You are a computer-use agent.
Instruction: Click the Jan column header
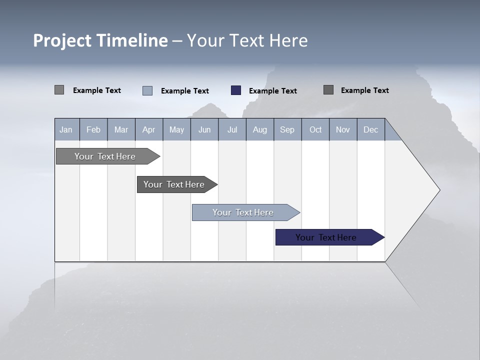coord(66,129)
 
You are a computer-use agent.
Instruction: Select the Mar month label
coord(121,129)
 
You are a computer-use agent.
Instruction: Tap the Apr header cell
coord(148,129)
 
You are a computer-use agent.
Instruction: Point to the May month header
coord(176,129)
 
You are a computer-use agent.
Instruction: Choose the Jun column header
coord(204,129)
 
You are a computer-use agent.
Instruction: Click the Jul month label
coord(232,129)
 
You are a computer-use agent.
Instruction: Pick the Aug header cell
coord(259,129)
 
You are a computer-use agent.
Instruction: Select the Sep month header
coord(287,129)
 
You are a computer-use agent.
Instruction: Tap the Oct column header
coord(315,129)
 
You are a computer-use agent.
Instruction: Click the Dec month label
coord(370,129)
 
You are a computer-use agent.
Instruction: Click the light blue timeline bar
coord(243,212)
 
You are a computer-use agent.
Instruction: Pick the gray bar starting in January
coord(105,156)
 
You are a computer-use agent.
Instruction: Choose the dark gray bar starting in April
coord(174,184)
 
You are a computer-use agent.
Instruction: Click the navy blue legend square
coord(236,90)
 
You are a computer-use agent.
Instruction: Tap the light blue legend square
coord(147,90)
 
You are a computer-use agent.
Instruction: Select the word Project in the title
coord(62,40)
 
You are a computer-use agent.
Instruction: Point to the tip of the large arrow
coord(439,190)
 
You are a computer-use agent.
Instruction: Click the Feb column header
coord(93,129)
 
